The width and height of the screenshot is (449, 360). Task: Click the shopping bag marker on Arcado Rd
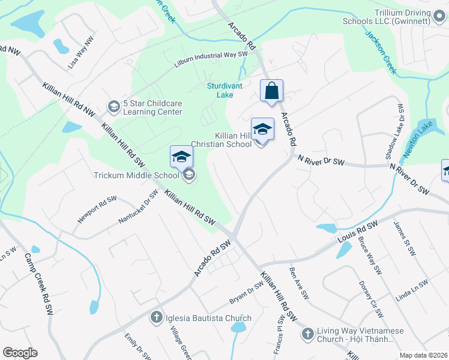coord(271,91)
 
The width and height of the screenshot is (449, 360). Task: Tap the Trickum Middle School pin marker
coord(181,157)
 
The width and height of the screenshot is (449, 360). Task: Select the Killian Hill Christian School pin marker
coord(262,129)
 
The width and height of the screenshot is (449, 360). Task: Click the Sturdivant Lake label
coord(224,90)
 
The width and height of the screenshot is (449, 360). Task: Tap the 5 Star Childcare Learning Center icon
coord(113,107)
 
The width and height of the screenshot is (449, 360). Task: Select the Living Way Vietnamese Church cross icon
coord(307,333)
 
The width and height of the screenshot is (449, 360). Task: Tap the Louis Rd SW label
coord(357,232)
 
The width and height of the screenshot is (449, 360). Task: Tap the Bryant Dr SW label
coord(246,293)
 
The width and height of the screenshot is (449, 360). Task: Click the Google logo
coord(20,353)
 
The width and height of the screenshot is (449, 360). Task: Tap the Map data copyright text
coord(423,355)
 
